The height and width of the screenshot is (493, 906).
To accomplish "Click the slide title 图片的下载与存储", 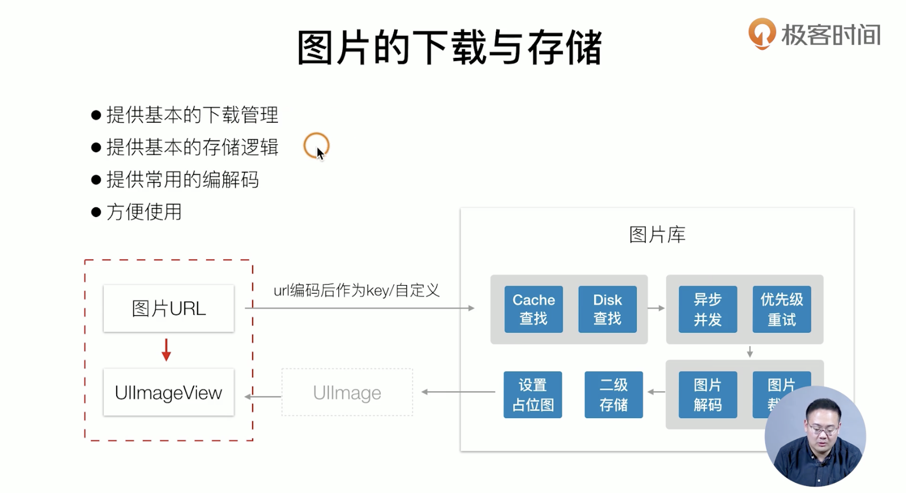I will pos(449,48).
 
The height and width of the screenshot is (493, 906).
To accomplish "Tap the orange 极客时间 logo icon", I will pos(761,33).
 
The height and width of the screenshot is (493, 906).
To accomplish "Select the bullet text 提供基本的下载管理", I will pos(192,115).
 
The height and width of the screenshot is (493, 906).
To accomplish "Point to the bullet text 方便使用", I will pos(144,212).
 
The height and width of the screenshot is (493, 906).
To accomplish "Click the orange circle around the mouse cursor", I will pos(316,145).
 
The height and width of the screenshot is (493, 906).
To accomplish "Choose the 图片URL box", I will pos(169,309).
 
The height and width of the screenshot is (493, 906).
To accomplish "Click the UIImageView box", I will pos(169,392).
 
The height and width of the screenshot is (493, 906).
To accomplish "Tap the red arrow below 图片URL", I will pos(167,350).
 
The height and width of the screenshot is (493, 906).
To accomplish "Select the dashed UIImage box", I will pos(347,393).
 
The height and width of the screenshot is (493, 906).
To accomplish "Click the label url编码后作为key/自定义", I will pos(356,290).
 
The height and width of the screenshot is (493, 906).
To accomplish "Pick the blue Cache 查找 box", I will pos(533,309).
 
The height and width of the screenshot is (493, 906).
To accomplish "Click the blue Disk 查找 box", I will pos(607,309).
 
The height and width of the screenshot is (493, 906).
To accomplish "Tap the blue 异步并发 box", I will pos(707,309).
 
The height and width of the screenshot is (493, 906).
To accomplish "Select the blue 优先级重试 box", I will pos(781,309).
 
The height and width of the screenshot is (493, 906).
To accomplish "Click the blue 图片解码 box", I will pos(707,394).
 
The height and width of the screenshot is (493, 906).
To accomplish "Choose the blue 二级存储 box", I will pos(614,394).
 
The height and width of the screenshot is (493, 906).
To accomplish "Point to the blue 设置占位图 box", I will pos(533,394).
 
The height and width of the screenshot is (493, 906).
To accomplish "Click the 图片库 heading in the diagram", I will pos(657,235).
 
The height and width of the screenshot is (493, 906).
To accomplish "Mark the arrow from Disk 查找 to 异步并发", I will pos(656,308).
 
